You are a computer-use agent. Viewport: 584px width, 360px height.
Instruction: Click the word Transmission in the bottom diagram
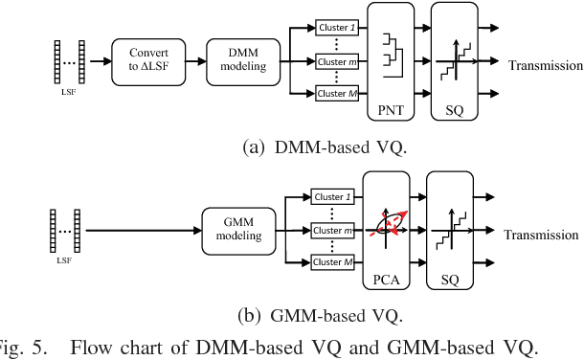(541, 235)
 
